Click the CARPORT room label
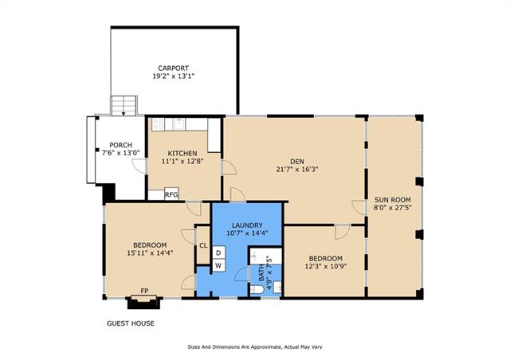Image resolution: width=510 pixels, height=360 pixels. (174, 68)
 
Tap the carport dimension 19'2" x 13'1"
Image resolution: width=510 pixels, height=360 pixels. (174, 76)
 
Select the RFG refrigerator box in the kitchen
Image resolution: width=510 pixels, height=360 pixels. (171, 194)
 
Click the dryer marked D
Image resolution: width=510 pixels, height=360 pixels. (218, 252)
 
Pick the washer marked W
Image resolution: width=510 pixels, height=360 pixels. (218, 265)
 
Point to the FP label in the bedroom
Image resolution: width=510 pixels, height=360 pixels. (144, 291)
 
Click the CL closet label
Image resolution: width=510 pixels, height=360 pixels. (203, 245)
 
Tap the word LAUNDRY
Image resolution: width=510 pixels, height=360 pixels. (247, 225)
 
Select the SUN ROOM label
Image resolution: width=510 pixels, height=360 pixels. (393, 200)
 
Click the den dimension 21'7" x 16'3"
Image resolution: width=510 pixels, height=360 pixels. (297, 170)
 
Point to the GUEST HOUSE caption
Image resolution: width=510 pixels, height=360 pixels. (131, 323)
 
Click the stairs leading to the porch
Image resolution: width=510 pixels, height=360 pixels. (124, 105)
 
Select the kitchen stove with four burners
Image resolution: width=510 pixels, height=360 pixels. (158, 124)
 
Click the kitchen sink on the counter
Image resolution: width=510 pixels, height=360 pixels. (178, 124)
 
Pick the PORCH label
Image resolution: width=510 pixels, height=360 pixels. (120, 145)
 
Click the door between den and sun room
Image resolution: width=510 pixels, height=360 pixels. (359, 208)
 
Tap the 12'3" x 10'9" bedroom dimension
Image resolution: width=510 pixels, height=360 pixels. (326, 267)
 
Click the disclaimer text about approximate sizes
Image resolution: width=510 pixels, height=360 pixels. (255, 347)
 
